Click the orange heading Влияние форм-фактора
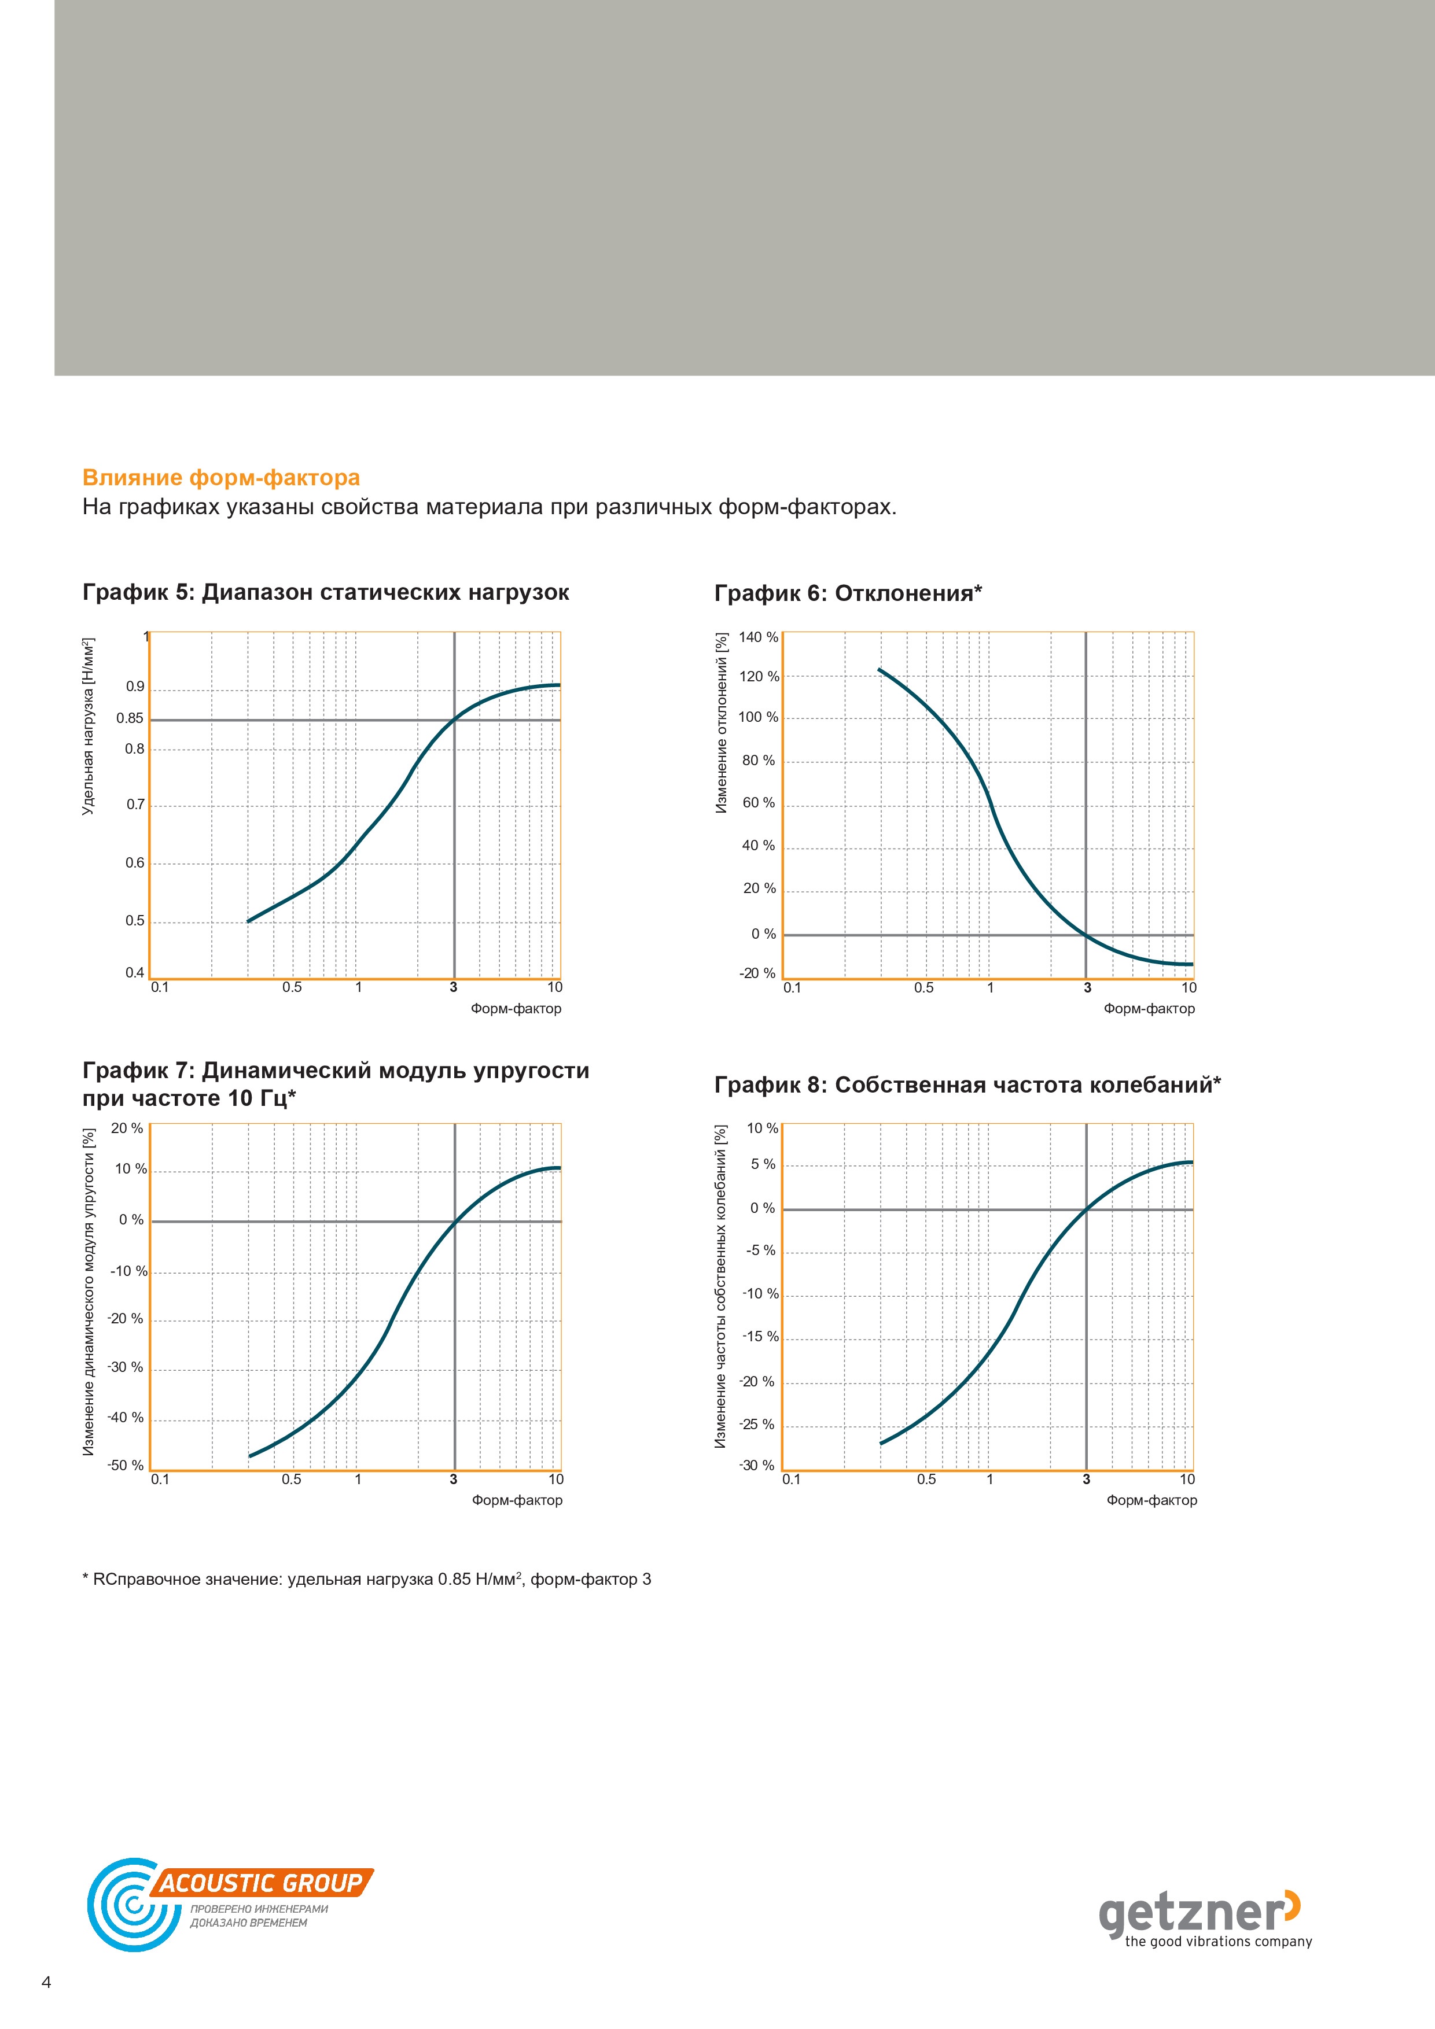[x=221, y=478]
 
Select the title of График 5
[x=325, y=592]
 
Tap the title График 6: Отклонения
[x=848, y=593]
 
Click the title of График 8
[x=967, y=1084]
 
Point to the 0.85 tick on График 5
[x=130, y=718]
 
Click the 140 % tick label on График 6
[x=759, y=637]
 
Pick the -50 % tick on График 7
[x=126, y=1465]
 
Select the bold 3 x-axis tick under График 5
[x=454, y=987]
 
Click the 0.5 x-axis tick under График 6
[x=924, y=987]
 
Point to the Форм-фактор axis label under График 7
[x=517, y=1500]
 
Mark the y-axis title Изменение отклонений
[x=722, y=723]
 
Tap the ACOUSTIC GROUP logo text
[x=262, y=1883]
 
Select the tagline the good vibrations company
[x=1219, y=1942]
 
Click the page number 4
[x=47, y=1982]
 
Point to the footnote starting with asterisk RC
[x=367, y=1579]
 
